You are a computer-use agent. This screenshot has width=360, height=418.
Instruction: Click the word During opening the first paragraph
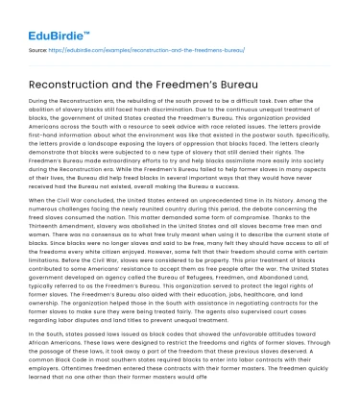point(41,100)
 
